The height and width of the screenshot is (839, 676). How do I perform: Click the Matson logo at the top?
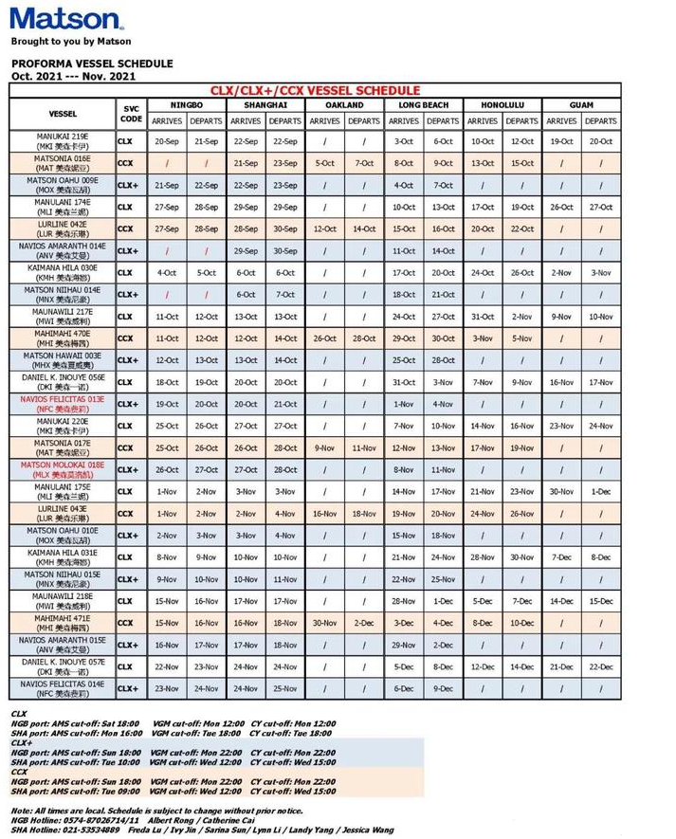click(x=65, y=19)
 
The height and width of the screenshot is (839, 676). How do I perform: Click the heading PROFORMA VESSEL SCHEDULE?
click(x=92, y=64)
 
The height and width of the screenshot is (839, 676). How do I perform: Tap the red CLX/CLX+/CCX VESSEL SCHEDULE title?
click(x=316, y=90)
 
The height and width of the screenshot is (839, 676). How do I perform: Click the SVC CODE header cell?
click(x=132, y=113)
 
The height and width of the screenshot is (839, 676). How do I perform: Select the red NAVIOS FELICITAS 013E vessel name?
click(x=63, y=404)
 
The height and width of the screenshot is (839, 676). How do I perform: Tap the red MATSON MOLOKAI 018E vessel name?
click(x=63, y=469)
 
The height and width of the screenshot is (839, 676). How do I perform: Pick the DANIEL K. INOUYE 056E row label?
click(x=63, y=382)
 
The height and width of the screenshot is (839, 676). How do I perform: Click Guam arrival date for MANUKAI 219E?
click(x=561, y=141)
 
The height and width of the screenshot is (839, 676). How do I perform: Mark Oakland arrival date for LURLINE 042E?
click(x=324, y=228)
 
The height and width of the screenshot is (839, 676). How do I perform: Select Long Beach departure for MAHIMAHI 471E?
click(x=444, y=622)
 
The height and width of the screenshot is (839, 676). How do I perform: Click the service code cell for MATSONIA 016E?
click(x=126, y=163)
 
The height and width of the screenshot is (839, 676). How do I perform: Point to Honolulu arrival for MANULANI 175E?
click(x=483, y=491)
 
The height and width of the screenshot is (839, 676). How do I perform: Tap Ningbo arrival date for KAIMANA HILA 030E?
click(x=167, y=272)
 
